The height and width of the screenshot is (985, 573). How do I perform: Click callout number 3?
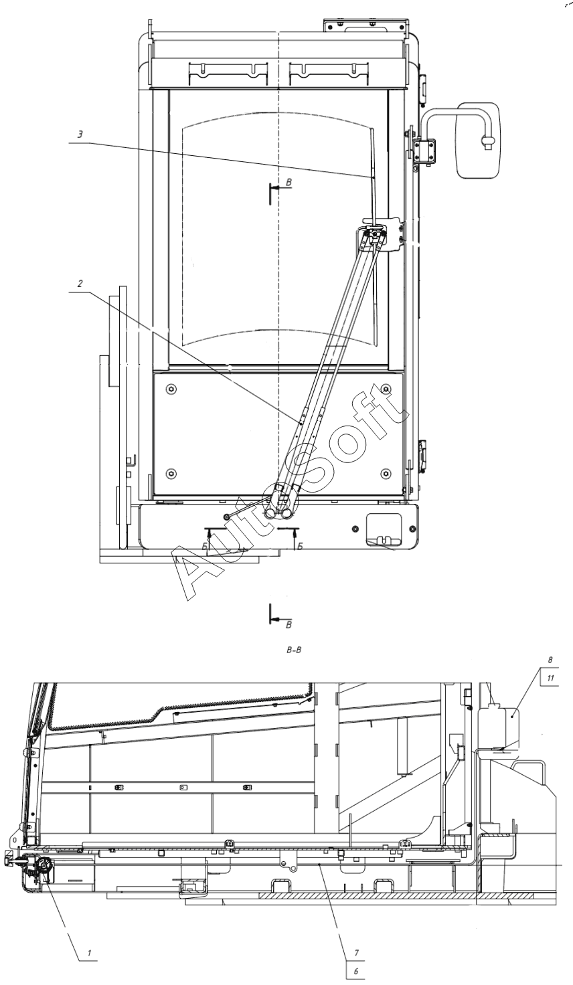tap(80, 134)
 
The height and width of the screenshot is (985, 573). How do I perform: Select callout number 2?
tap(80, 284)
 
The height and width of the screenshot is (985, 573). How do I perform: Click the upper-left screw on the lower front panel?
tap(172, 389)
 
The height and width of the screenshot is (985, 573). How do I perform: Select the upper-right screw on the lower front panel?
tap(385, 389)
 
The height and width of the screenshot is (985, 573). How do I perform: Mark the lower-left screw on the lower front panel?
tap(172, 474)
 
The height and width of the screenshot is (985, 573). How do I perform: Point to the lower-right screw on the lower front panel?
tap(385, 474)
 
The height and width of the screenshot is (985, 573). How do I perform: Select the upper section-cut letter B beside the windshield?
tap(289, 181)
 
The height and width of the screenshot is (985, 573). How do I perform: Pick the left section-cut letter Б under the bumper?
tap(203, 545)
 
